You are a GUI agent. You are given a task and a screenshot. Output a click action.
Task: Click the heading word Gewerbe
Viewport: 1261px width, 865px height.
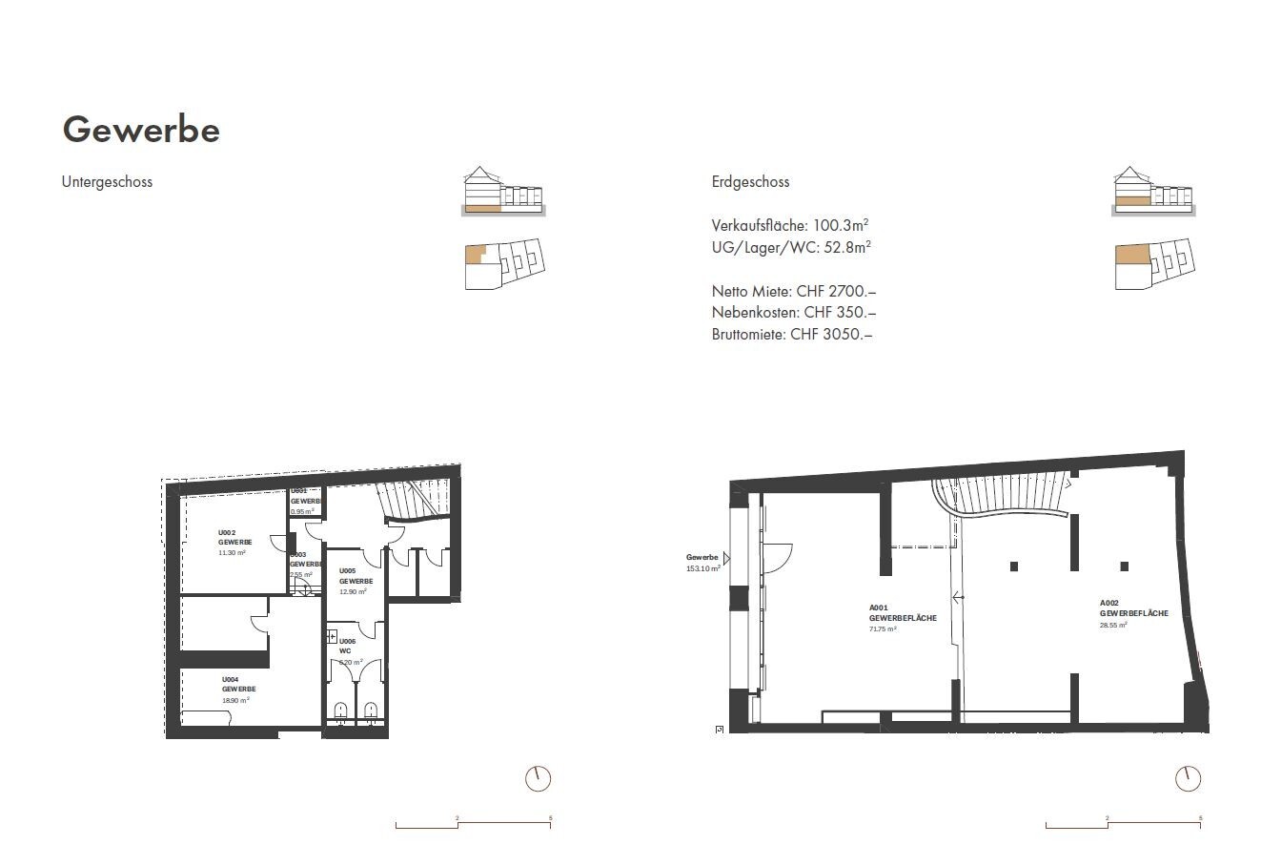tap(141, 130)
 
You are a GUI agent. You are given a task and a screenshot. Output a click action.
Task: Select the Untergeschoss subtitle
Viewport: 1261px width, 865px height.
tap(107, 181)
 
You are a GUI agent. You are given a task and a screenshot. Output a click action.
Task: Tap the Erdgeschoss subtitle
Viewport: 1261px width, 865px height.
tap(750, 181)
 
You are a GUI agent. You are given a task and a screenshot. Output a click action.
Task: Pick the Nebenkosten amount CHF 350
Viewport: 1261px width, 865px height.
tap(840, 312)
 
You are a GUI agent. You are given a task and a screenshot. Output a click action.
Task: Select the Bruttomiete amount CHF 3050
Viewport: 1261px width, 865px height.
tap(831, 334)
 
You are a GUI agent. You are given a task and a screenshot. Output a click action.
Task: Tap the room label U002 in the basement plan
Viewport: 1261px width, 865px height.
tap(227, 532)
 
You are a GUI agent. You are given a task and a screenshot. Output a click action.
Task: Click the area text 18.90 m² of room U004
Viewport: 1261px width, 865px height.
tap(235, 699)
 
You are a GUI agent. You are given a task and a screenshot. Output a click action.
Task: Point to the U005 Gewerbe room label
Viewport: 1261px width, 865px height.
tap(355, 576)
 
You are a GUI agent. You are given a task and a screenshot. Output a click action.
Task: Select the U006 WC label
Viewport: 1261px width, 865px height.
tap(348, 646)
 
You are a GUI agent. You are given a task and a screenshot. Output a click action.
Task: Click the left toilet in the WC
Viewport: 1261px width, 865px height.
tap(340, 710)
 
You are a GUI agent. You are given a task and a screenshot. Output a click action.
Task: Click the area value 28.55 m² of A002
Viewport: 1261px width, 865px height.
tap(1113, 625)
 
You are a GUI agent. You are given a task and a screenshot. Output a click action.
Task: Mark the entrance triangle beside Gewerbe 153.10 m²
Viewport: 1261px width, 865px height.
tap(725, 559)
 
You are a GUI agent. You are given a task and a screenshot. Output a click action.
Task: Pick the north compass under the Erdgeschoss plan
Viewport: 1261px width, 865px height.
tap(1188, 778)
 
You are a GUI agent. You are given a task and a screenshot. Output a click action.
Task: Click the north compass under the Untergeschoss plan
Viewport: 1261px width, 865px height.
tap(538, 778)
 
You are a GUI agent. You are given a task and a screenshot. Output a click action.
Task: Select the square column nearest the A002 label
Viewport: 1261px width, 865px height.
tap(1125, 566)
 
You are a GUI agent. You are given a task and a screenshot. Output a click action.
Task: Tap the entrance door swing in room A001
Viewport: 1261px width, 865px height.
tap(777, 556)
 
